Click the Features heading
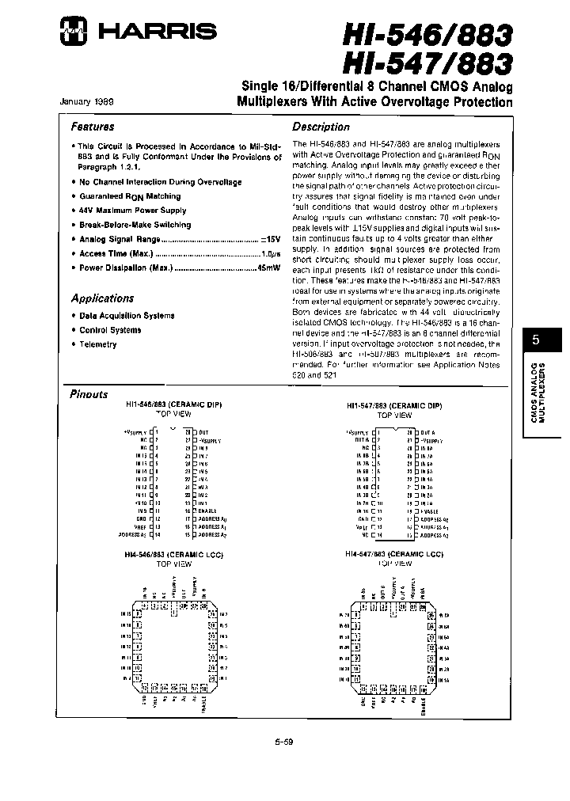(x=93, y=127)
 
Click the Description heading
(x=321, y=127)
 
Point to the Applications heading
(x=102, y=298)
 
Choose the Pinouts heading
(x=89, y=394)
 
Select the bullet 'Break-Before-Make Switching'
(x=135, y=225)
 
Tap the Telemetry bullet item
(x=97, y=344)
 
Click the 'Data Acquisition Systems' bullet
(x=126, y=316)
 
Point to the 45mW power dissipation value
(x=269, y=268)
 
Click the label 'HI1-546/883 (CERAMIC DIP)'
(x=174, y=405)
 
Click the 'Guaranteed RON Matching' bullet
(x=129, y=196)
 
